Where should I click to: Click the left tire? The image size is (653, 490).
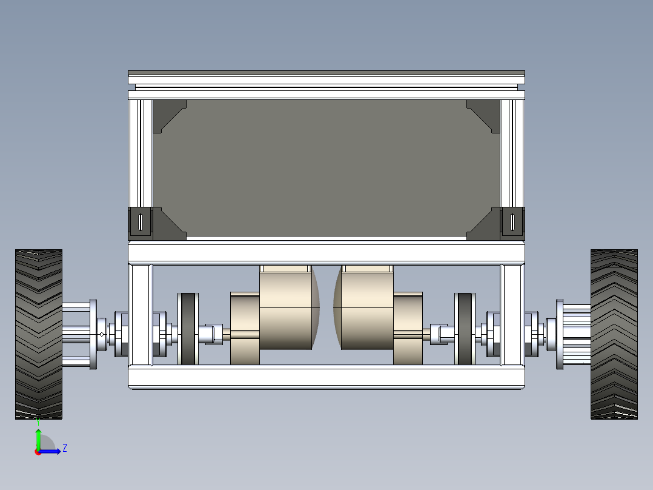pos(39,334)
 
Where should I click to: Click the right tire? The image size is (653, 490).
pos(614,334)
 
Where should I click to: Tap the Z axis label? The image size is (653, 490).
pos(65,448)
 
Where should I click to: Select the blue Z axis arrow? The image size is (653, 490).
pos(49,451)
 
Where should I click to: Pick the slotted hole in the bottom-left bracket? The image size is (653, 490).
pos(141,223)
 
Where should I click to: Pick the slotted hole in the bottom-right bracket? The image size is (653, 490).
pos(512,223)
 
